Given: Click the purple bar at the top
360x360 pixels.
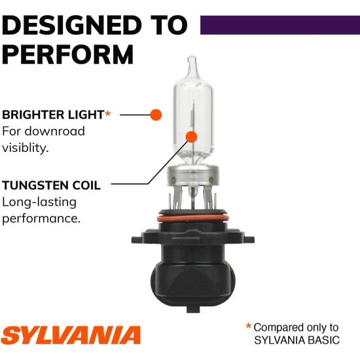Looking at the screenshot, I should [279, 25].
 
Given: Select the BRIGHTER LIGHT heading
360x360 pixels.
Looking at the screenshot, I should [52, 115].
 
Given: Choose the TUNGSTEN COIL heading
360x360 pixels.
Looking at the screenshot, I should [51, 185].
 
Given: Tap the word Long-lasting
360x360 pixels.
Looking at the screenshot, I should [39, 202].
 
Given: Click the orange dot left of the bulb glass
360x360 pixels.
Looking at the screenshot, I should [156, 115].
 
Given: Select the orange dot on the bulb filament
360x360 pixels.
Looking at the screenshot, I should [191, 137].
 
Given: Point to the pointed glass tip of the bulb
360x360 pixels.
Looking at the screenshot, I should [191, 65].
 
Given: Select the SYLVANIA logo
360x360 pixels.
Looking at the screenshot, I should [71, 335].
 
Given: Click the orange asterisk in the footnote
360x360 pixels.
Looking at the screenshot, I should [248, 326].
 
